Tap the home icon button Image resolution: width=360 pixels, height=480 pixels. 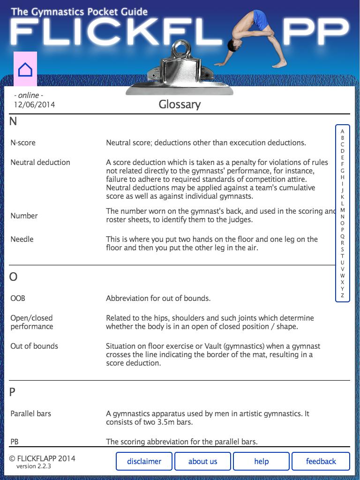click(x=25, y=69)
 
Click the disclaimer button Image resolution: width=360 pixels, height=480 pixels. click(x=144, y=461)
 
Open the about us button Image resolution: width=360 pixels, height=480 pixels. click(x=202, y=461)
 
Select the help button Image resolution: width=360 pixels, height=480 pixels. click(x=261, y=461)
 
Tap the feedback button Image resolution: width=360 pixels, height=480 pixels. click(x=321, y=461)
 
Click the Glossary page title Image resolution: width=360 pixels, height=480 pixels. click(x=180, y=104)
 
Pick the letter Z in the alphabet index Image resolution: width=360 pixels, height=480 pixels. click(x=342, y=296)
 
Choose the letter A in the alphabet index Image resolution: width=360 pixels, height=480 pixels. click(x=342, y=132)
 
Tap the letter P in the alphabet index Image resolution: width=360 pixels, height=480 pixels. click(x=342, y=230)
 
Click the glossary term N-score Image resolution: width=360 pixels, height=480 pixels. click(x=23, y=142)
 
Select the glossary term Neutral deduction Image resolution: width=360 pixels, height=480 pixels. click(x=40, y=162)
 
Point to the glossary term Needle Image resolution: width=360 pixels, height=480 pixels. click(x=22, y=239)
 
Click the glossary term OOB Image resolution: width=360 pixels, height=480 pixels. click(x=18, y=298)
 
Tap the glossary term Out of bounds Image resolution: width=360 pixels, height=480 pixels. click(x=34, y=346)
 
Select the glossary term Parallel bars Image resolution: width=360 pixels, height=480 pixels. click(x=31, y=413)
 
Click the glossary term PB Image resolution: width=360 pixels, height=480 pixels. click(x=15, y=442)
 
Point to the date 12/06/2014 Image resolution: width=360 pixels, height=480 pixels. click(x=34, y=105)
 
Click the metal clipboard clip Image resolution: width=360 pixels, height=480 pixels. click(x=180, y=70)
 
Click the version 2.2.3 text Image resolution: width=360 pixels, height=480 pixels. click(x=34, y=466)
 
